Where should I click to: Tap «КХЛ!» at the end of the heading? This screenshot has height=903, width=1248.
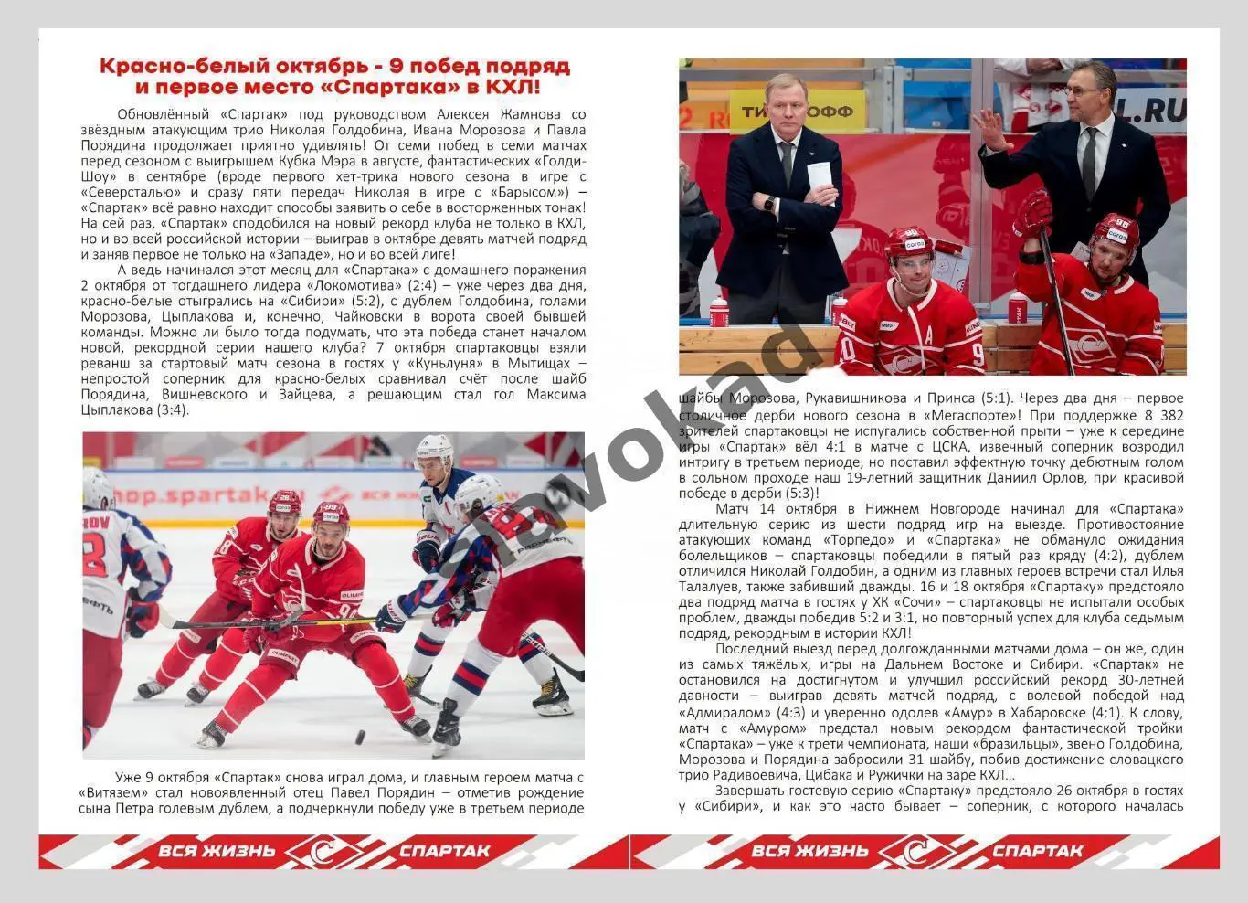click(513, 88)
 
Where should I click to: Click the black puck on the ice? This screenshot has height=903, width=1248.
click(360, 736)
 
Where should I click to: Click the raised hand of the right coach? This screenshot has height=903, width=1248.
click(989, 128)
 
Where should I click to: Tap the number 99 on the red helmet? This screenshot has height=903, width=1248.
click(330, 509)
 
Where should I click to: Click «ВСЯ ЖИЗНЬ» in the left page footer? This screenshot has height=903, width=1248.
click(217, 852)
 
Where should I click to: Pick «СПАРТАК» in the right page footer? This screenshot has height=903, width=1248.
click(1037, 852)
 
